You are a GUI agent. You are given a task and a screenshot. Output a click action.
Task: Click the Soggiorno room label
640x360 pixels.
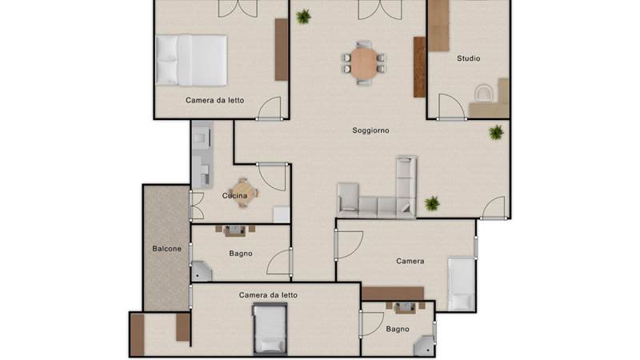[x=370, y=130]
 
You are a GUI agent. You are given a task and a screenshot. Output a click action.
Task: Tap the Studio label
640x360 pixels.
[x=468, y=58]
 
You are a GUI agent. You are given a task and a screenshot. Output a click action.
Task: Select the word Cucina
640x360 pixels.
[x=234, y=196]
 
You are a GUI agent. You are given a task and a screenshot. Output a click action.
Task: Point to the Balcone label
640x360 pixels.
[x=166, y=249]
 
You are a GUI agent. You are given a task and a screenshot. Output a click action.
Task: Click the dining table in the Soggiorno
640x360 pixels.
[x=364, y=63]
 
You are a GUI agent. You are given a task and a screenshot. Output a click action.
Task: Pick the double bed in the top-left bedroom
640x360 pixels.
[x=191, y=61]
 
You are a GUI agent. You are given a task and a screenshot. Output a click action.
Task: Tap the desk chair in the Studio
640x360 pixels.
[x=484, y=93]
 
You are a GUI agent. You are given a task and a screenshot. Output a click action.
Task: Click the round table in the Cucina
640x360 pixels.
[x=243, y=193]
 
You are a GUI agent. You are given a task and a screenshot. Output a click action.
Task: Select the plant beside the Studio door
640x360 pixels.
[x=496, y=133]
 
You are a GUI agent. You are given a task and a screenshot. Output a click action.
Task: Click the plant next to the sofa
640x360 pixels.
[x=432, y=203]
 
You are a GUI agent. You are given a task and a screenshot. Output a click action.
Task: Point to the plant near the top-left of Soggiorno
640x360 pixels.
[x=303, y=17]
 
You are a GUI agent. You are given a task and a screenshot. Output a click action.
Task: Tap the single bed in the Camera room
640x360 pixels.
[x=462, y=284]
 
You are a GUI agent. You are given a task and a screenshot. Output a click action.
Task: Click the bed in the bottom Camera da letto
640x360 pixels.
[x=270, y=329]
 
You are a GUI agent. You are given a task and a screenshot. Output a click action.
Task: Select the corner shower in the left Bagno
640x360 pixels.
[x=202, y=271]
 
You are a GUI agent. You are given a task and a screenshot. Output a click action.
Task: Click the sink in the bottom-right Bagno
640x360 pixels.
[x=405, y=308]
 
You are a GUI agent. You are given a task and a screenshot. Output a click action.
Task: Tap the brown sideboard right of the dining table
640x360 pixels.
[x=419, y=67]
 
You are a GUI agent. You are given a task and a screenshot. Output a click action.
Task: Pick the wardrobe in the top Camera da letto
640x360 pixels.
[x=282, y=50]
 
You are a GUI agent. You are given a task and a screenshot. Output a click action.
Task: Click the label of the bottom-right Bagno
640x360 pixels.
[x=398, y=329]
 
